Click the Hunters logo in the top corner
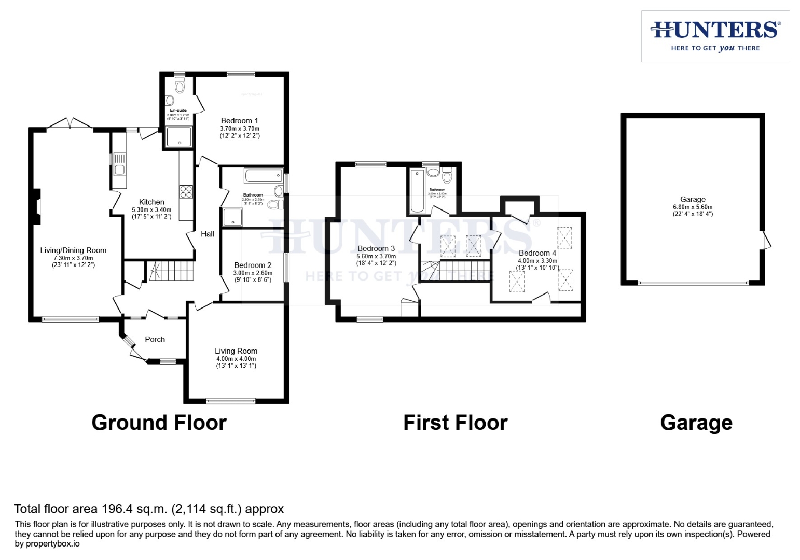[x=715, y=36]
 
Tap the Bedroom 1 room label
[x=239, y=121]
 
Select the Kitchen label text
[x=151, y=202]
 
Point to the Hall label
[x=208, y=234]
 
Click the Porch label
[x=155, y=340]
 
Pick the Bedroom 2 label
[x=253, y=265]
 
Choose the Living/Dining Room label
[x=73, y=250]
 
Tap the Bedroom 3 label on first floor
[x=376, y=249]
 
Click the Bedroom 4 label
[x=537, y=253]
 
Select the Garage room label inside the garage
[x=693, y=200]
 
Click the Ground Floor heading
[x=159, y=423]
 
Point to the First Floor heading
[x=455, y=423]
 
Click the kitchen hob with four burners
[x=186, y=192]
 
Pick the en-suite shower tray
[x=178, y=137]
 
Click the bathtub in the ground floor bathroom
[x=263, y=176]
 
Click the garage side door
[x=766, y=240]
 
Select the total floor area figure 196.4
[x=117, y=509]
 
